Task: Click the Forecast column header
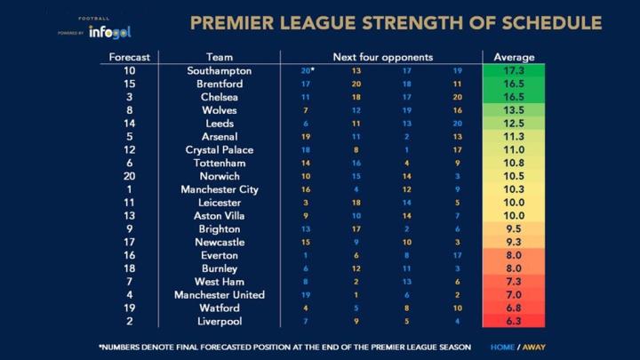[x=130, y=57]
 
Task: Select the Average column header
[x=513, y=57]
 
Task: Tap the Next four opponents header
[x=382, y=57]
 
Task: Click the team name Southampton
[x=220, y=70]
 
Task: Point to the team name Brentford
[x=220, y=84]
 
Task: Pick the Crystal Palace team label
[x=220, y=149]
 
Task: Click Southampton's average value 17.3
[x=513, y=70]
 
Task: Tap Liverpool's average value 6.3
[x=513, y=321]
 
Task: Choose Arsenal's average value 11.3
[x=513, y=136]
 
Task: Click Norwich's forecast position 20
[x=130, y=176]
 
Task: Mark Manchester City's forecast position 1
[x=130, y=189]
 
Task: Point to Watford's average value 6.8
[x=513, y=308]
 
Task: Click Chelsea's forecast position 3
[x=130, y=97]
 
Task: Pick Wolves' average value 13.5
[x=513, y=110]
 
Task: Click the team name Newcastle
[x=220, y=242]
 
